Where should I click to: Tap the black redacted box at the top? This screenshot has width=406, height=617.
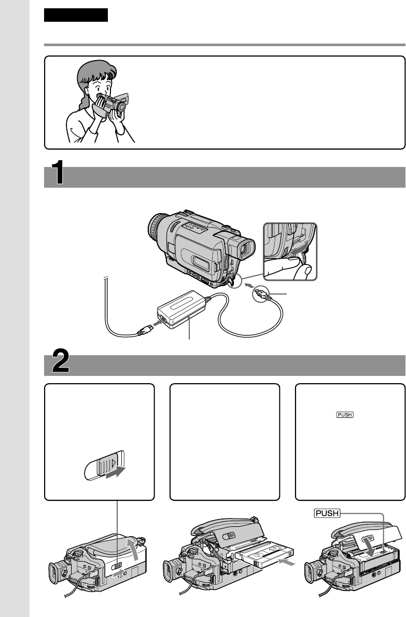click(76, 15)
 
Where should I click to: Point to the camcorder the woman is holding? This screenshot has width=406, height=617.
click(113, 102)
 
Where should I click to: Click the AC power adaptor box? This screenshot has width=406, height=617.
click(182, 310)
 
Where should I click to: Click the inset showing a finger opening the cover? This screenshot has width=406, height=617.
click(290, 251)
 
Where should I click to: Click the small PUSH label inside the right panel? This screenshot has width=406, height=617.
click(345, 414)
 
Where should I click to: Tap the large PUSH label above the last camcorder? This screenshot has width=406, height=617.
click(327, 513)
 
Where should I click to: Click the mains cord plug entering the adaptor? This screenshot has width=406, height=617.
click(143, 331)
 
